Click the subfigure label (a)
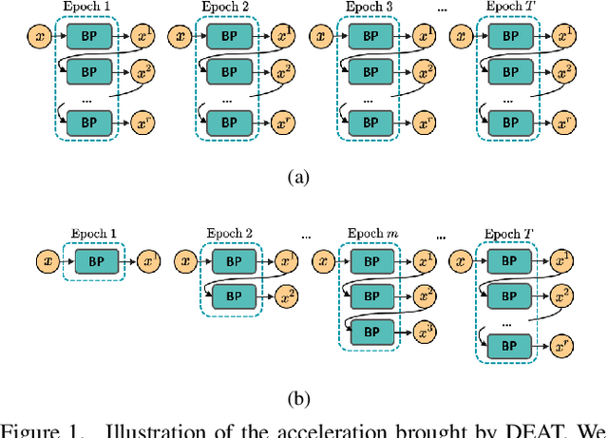303,177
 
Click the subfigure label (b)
303,399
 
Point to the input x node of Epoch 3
319,37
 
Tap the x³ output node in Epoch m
423,332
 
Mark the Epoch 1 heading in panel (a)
86,8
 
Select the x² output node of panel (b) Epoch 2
283,296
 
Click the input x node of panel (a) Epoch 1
39,37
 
